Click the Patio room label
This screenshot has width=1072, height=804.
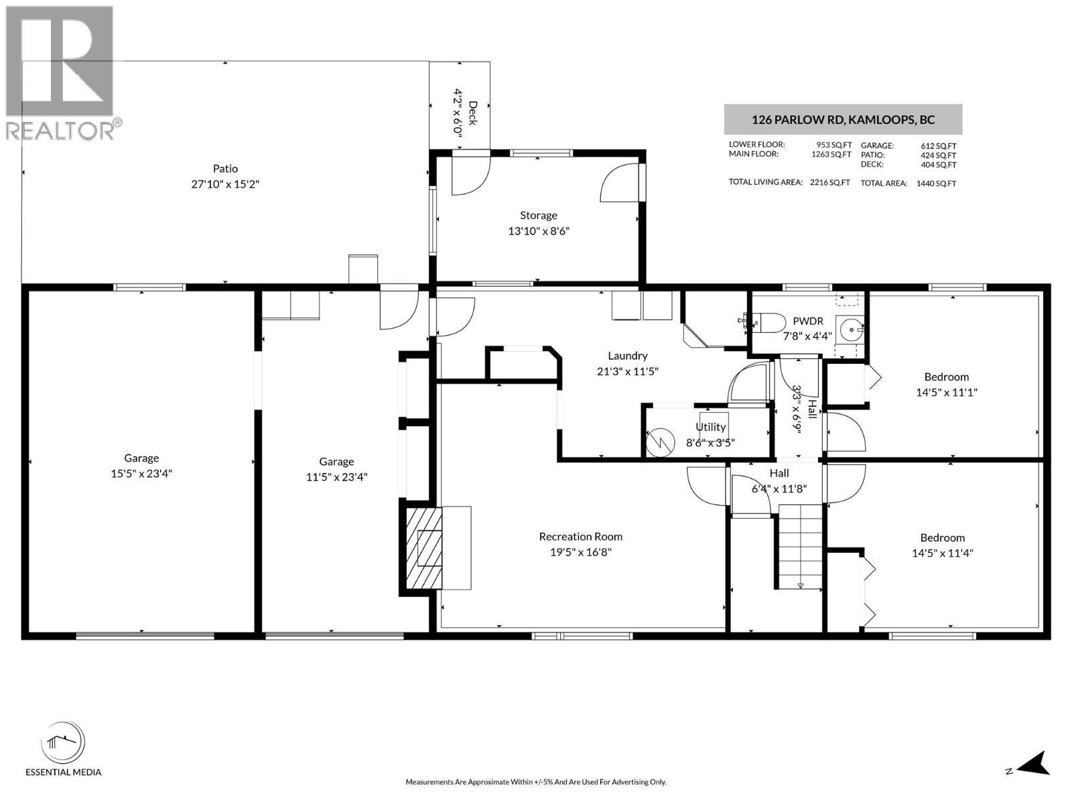[225, 169]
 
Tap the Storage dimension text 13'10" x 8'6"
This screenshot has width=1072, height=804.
[539, 231]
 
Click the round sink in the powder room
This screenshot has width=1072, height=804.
[851, 329]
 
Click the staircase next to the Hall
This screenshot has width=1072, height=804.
[800, 546]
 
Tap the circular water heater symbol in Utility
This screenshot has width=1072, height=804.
[660, 442]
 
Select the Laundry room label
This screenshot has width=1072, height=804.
[627, 356]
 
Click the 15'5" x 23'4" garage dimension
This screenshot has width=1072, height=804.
[141, 474]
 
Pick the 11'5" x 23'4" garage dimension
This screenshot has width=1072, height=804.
[336, 477]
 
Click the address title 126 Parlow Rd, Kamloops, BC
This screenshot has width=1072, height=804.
[843, 121]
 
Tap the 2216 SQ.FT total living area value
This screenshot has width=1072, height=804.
[829, 182]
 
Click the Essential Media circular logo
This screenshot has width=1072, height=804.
[63, 743]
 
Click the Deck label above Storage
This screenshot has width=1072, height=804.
[473, 113]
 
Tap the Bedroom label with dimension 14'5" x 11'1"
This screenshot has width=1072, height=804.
[946, 377]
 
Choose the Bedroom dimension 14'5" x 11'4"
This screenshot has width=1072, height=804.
[942, 553]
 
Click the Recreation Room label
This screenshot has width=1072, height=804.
[580, 537]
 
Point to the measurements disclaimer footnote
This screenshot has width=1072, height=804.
[535, 782]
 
